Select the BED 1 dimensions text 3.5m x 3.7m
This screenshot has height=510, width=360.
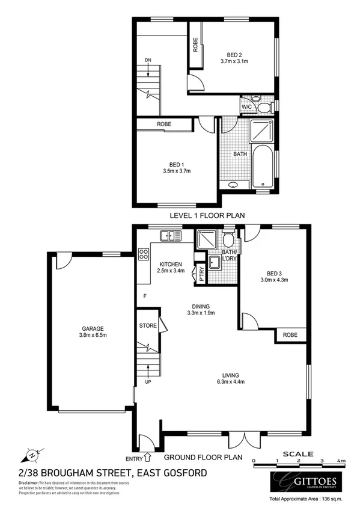(176, 171)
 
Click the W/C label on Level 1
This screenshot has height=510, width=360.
(247, 107)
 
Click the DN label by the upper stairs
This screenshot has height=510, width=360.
(148, 60)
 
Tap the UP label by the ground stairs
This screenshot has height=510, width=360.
(148, 382)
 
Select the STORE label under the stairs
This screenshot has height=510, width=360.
(147, 326)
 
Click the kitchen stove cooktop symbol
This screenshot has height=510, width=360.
(144, 254)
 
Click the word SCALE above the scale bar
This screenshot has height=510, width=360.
(297, 454)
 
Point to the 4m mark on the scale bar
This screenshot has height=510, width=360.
(341, 461)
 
